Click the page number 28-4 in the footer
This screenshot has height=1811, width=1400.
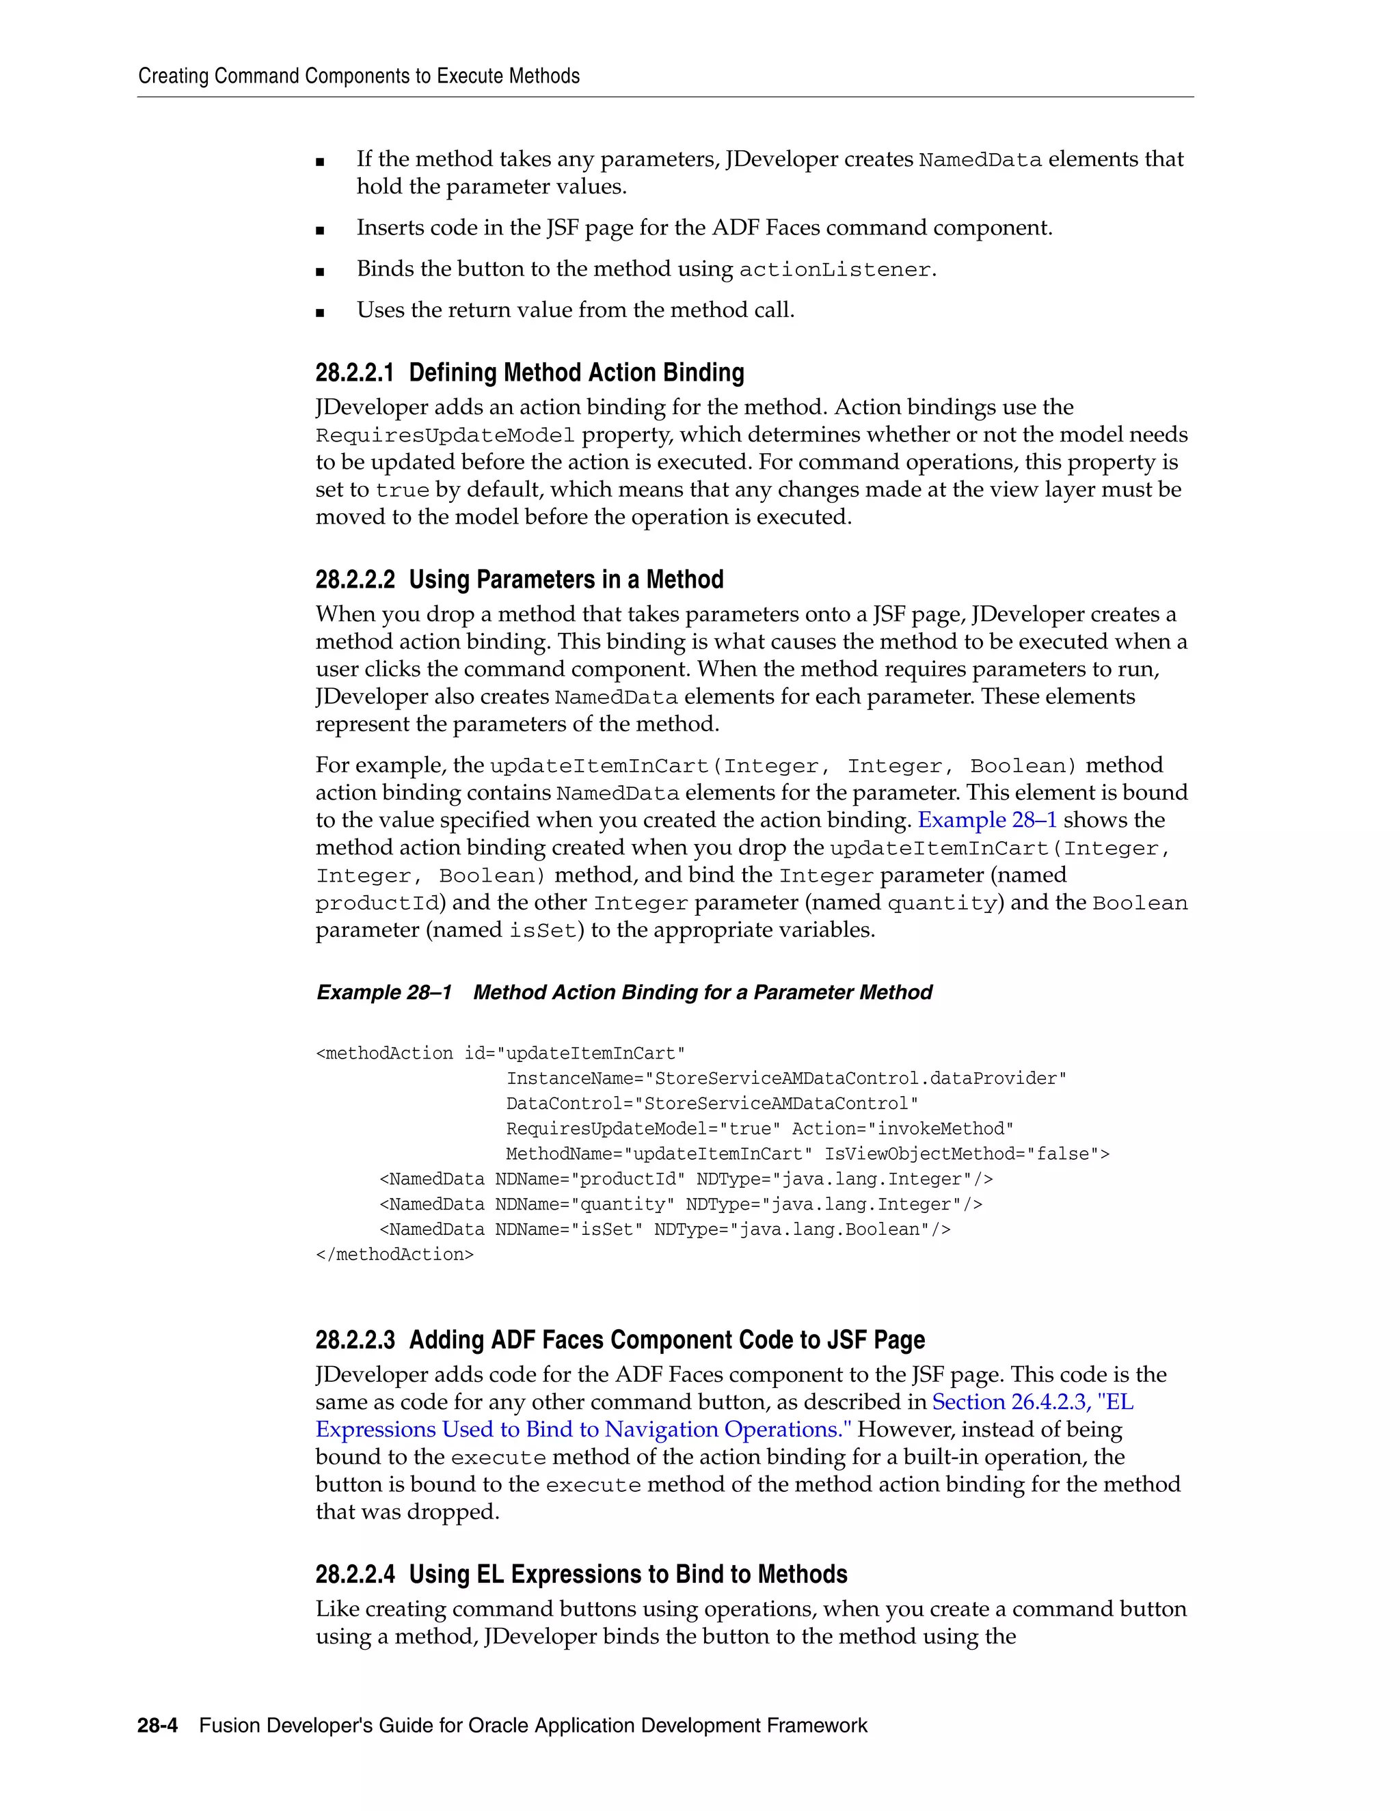[x=158, y=1726]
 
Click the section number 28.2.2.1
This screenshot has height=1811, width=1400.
[x=355, y=373]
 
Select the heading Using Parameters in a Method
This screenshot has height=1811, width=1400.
[x=565, y=580]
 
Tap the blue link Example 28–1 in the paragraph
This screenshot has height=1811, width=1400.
[x=987, y=820]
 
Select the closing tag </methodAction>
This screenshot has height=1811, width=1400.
[x=395, y=1255]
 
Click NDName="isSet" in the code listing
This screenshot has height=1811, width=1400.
[x=569, y=1229]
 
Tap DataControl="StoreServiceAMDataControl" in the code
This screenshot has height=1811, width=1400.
[x=712, y=1104]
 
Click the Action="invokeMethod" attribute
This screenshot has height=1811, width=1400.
[x=902, y=1128]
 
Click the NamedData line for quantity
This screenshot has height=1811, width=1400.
[x=680, y=1204]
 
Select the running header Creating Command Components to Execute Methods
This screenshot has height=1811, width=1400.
[x=358, y=77]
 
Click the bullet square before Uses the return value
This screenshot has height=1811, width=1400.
[x=320, y=312]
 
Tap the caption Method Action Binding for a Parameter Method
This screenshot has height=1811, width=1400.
[x=703, y=992]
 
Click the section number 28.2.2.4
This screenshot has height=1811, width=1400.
[x=355, y=1575]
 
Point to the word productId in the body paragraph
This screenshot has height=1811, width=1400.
[x=377, y=903]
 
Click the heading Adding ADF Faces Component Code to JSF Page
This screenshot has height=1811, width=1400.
[x=667, y=1340]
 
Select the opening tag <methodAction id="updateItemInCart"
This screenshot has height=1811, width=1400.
[x=500, y=1053]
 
